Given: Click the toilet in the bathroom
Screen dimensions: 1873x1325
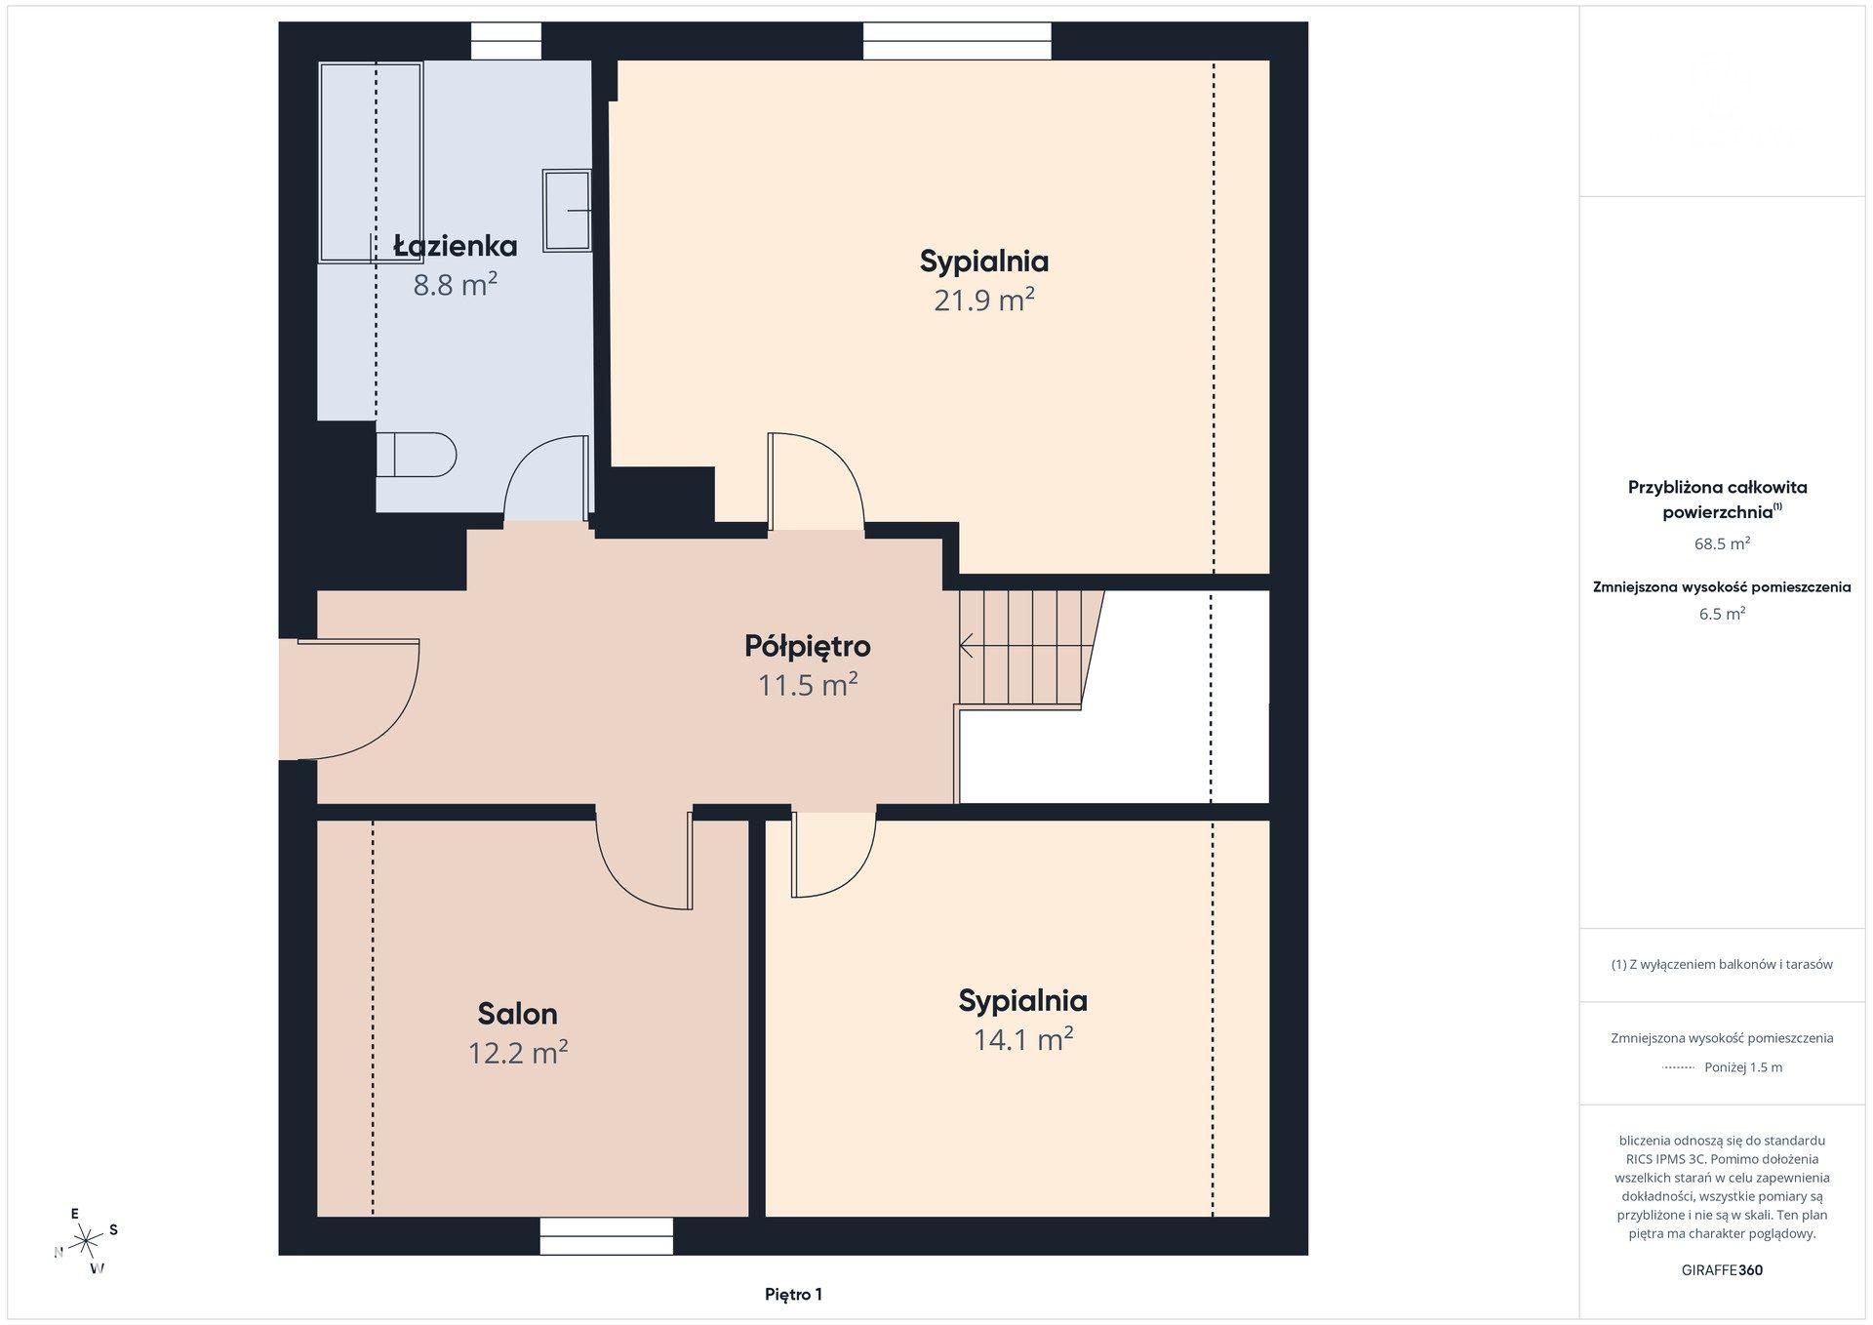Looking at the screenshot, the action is tap(417, 454).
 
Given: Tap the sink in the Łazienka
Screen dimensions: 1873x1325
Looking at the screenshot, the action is tap(567, 210).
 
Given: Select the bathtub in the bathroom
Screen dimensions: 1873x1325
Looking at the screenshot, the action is tap(371, 162).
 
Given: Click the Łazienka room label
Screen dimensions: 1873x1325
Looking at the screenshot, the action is tap(456, 245).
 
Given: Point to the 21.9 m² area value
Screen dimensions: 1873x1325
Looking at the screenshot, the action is tap(983, 300).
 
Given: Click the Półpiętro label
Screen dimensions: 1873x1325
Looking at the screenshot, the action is tap(808, 646).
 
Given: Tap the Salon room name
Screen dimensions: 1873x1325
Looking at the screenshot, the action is tap(517, 1014).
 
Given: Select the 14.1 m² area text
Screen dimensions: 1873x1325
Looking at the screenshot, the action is tap(1023, 1039).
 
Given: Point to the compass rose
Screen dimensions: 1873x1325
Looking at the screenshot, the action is tap(86, 1241).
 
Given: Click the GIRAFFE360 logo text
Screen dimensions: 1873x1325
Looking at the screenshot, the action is tap(1722, 1270).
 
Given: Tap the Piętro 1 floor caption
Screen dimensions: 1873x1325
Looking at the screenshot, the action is tap(793, 1295).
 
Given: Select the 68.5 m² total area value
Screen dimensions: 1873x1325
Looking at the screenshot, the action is tap(1722, 544).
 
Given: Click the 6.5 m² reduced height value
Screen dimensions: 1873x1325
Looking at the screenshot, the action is tap(1722, 614).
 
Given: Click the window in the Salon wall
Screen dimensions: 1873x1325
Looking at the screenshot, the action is tap(607, 1236).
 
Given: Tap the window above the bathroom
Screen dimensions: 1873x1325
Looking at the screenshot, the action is tap(506, 41).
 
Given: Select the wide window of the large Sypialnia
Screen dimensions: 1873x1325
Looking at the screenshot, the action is tap(957, 41).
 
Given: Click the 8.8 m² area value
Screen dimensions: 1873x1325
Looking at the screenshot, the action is tap(456, 285).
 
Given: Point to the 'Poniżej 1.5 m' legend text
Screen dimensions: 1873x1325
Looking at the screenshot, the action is tap(1743, 1067).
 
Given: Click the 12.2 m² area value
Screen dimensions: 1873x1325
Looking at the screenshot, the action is tap(518, 1053).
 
